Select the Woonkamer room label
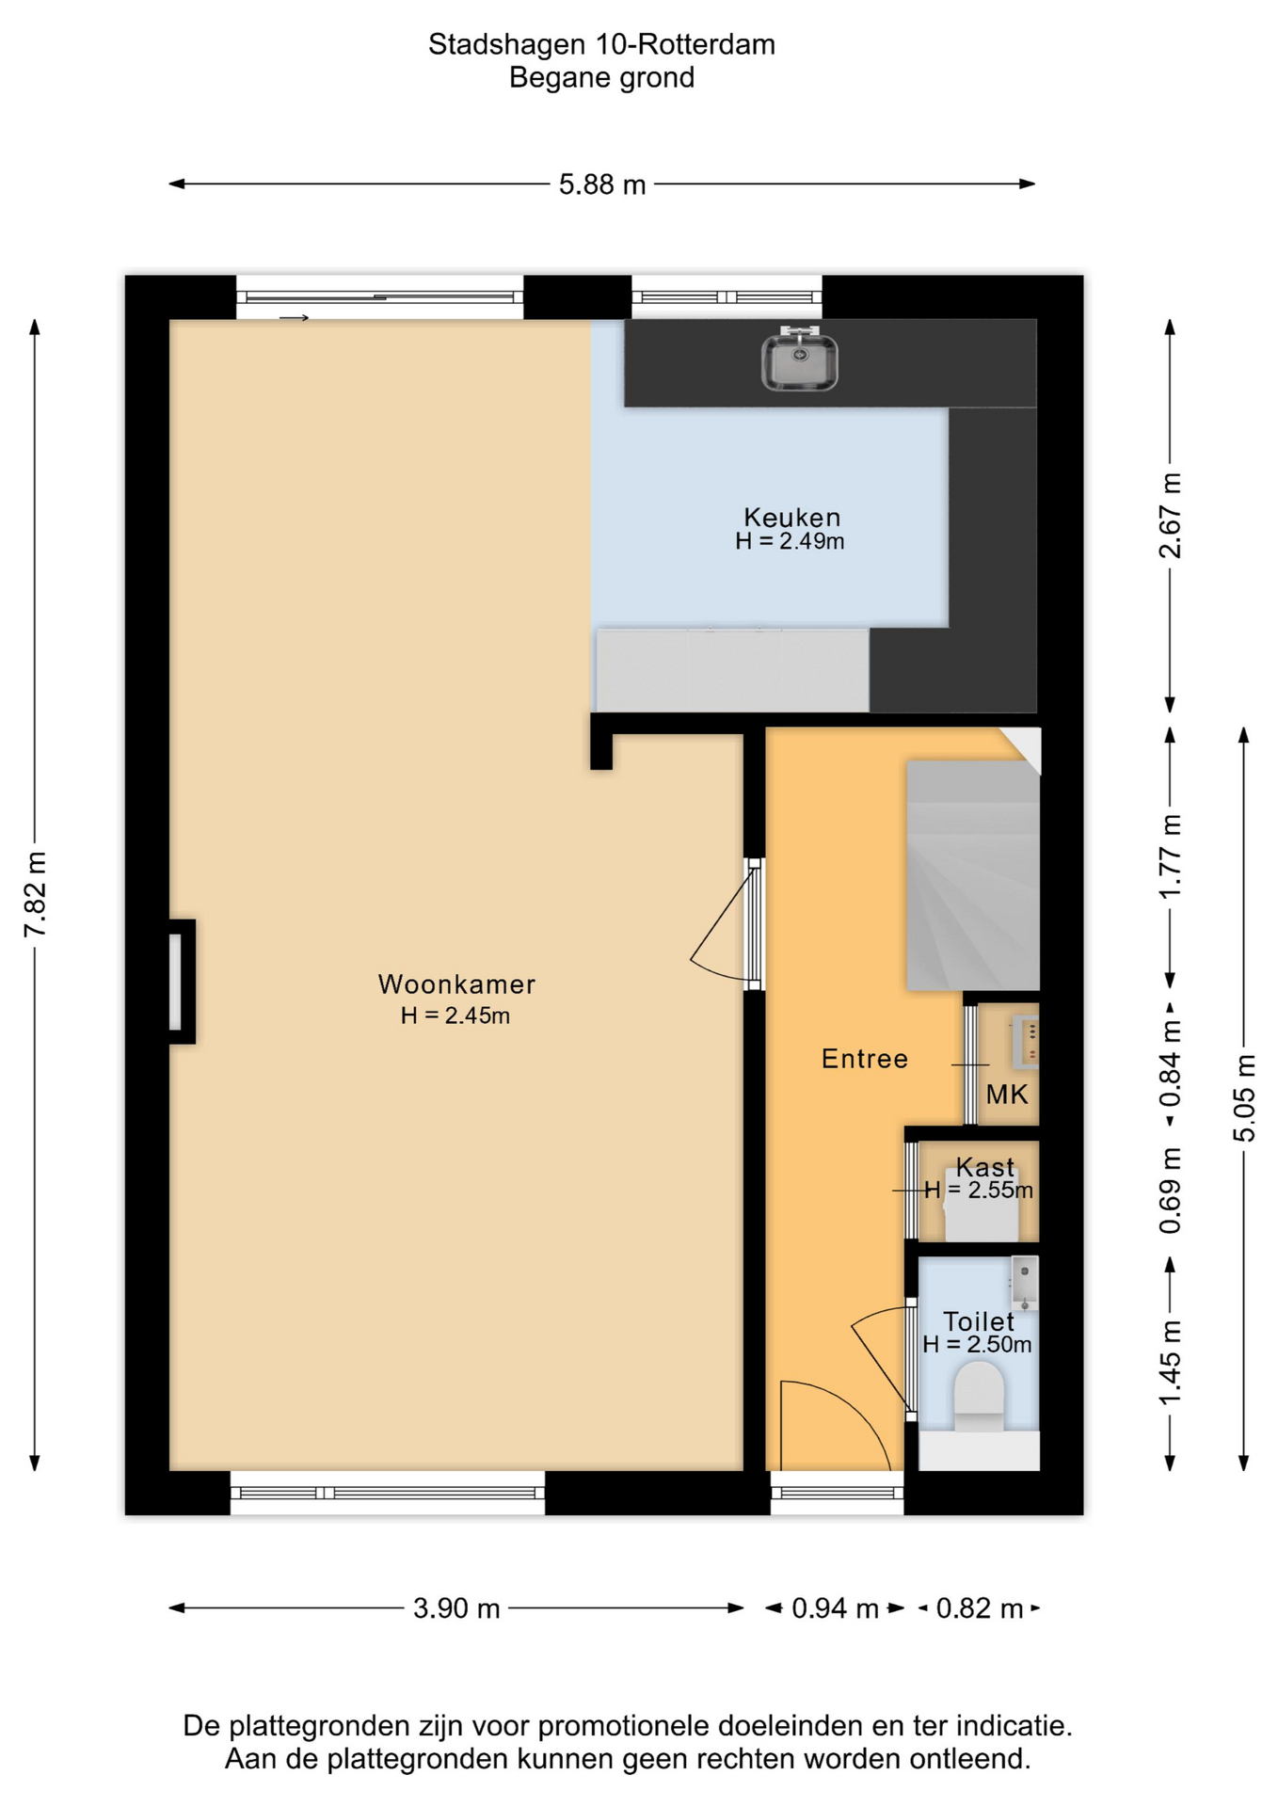point(456,984)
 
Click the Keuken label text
point(791,517)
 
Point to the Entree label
point(865,1059)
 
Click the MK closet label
point(1007,1095)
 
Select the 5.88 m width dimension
point(602,184)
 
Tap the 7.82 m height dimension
point(36,894)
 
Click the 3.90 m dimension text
point(456,1608)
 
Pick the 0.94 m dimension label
point(835,1608)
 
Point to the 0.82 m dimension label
point(980,1608)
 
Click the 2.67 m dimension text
point(1170,515)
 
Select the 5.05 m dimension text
point(1244,1098)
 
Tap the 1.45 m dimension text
point(1170,1363)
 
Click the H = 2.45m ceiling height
point(455,1015)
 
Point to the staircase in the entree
point(973,874)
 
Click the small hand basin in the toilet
point(1025,1283)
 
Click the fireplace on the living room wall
point(181,982)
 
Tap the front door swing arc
point(847,1412)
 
